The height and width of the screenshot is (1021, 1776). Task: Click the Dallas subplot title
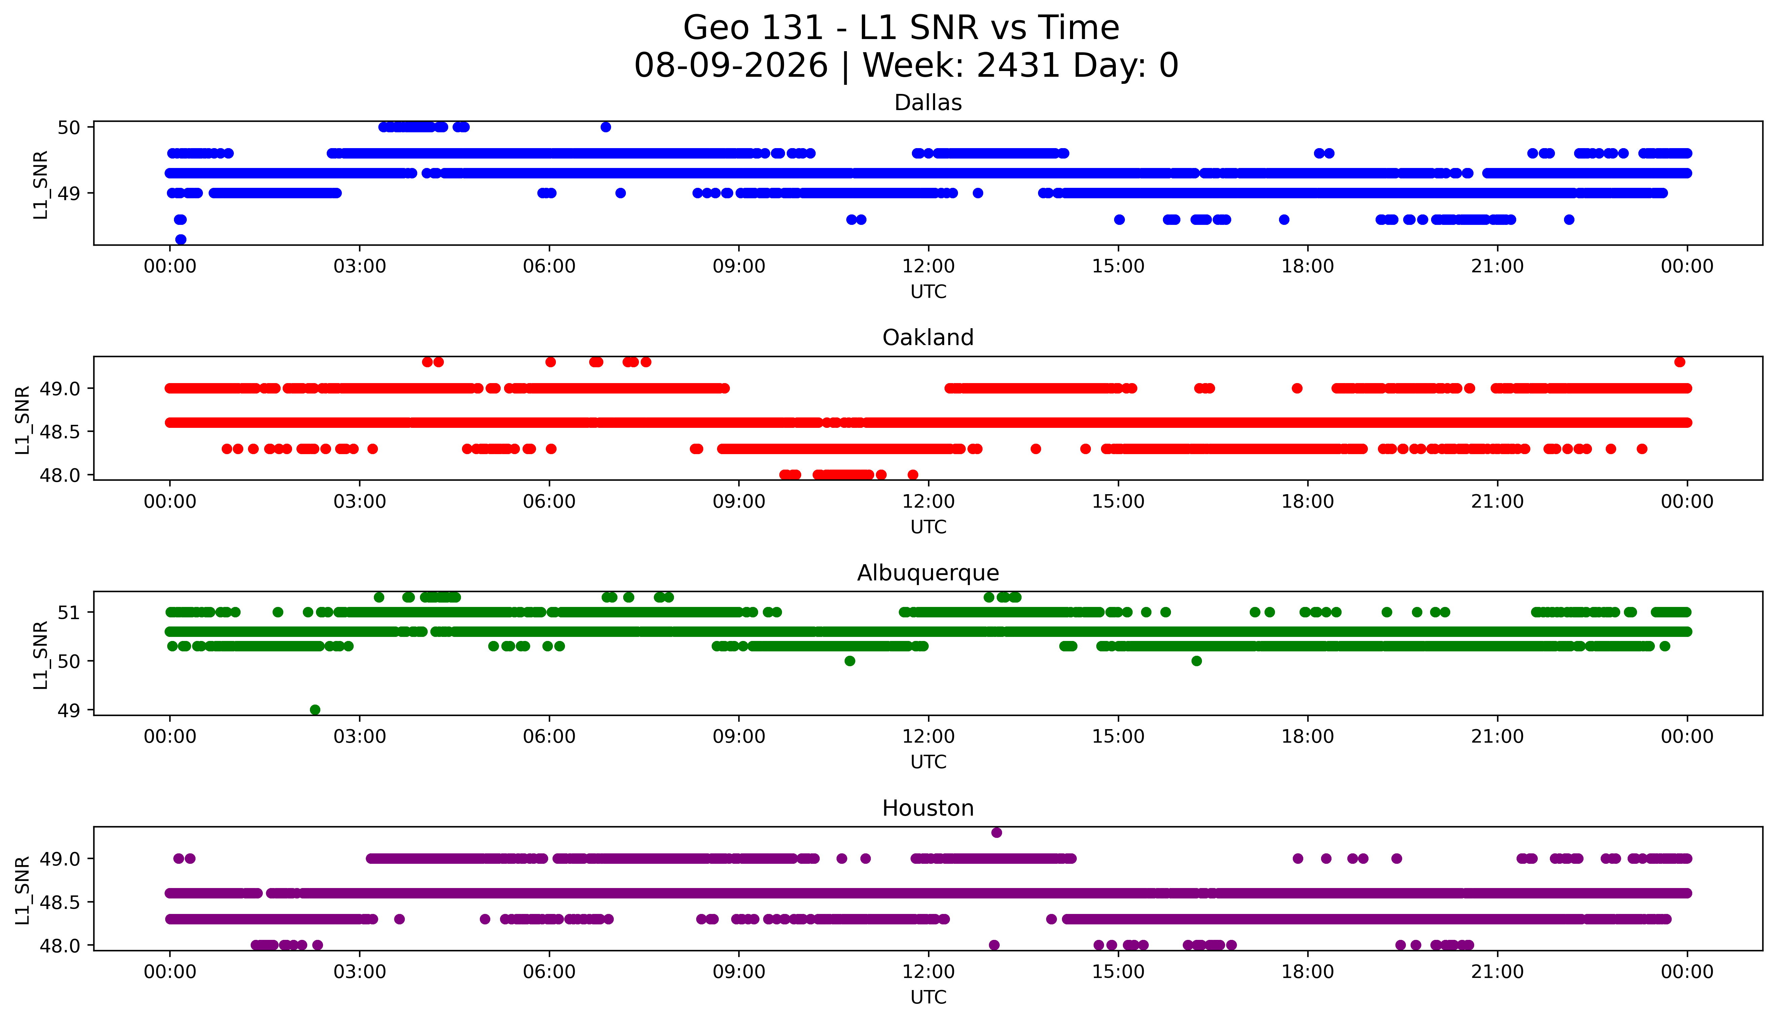point(928,103)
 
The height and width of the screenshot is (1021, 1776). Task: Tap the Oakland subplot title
point(928,338)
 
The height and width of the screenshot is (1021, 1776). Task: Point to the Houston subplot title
point(928,809)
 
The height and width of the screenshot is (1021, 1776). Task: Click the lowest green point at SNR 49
point(315,710)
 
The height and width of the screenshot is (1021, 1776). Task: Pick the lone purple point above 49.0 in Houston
point(997,832)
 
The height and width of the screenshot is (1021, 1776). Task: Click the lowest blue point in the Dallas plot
point(181,239)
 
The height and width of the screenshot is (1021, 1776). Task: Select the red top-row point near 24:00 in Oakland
point(1679,362)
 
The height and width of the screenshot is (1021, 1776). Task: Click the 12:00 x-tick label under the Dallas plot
point(929,267)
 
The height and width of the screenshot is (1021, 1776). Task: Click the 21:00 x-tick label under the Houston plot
point(1498,972)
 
